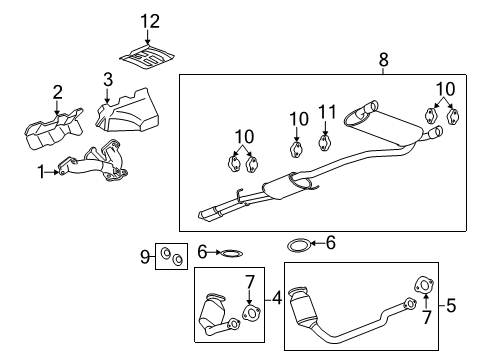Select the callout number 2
57,92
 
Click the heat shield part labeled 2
55,131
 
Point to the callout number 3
107,79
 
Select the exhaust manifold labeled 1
95,166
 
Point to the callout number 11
324,114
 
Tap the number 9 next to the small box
146,257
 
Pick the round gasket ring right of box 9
230,254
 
